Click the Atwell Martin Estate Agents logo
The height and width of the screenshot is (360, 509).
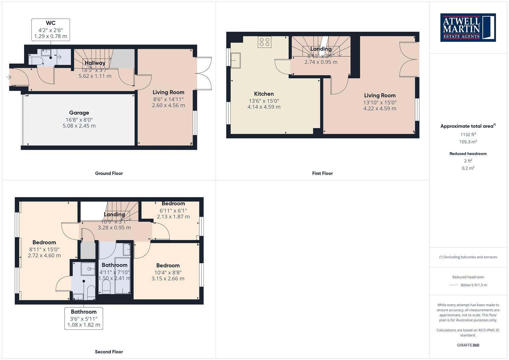click(468, 27)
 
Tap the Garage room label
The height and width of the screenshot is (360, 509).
click(79, 113)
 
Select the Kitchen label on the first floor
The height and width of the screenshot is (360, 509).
click(264, 94)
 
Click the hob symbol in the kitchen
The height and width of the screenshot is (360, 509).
click(264, 42)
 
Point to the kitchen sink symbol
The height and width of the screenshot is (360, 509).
click(235, 60)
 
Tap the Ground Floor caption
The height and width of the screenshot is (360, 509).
click(109, 173)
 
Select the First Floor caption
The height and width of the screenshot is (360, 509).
click(322, 173)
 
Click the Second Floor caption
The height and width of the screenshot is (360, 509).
click(109, 352)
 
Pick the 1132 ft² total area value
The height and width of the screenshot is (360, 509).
click(468, 134)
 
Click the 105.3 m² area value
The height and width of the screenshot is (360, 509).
click(468, 142)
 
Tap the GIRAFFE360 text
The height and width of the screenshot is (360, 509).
click(468, 345)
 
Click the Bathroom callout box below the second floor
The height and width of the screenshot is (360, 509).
click(84, 318)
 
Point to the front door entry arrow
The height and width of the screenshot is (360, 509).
click(9, 77)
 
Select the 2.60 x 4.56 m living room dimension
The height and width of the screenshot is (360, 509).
click(168, 105)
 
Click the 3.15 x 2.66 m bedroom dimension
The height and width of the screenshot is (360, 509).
click(168, 279)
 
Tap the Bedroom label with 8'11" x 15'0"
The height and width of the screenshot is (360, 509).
click(44, 242)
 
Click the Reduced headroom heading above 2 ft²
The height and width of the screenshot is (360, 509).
click(468, 154)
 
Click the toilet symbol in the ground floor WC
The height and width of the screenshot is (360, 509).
click(35, 60)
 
